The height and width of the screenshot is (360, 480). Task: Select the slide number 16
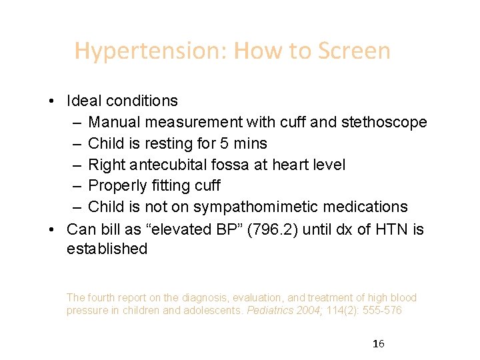(x=379, y=344)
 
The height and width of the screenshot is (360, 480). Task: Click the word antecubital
(x=170, y=165)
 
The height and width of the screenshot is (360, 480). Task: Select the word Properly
(x=117, y=186)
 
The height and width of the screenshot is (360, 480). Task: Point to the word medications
(x=366, y=207)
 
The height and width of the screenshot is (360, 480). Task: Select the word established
(x=107, y=249)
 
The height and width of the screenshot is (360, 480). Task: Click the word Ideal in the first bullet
(x=81, y=101)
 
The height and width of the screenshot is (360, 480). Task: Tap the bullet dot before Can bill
(x=51, y=230)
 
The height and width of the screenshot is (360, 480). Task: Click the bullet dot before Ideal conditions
(x=51, y=101)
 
